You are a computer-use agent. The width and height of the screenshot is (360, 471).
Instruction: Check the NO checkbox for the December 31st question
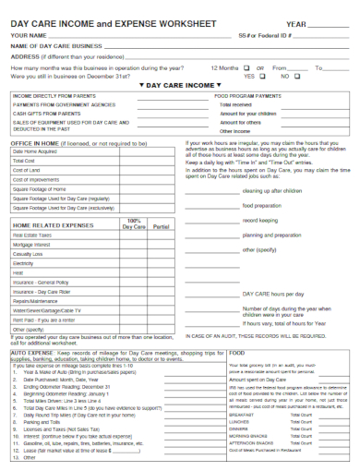[297, 76]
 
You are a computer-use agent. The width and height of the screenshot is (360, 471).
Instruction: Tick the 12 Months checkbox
[248, 67]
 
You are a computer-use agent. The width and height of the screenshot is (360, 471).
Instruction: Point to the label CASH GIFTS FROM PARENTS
[46, 113]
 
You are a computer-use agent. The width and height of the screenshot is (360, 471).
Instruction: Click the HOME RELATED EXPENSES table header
[54, 224]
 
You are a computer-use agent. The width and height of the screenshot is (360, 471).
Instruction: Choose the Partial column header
[162, 226]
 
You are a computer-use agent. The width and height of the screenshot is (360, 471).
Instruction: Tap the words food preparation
[263, 206]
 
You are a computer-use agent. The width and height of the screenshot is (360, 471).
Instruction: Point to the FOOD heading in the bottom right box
[236, 353]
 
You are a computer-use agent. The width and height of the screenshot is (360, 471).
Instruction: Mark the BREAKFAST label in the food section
[241, 415]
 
